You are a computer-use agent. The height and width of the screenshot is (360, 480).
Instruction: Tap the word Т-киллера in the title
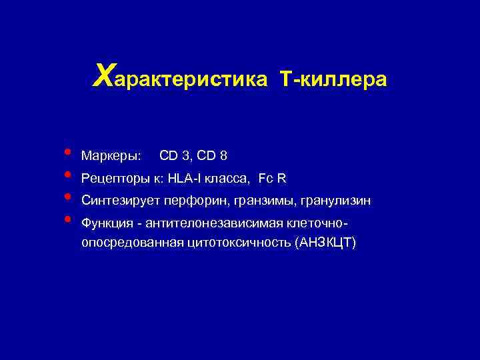pos(334,79)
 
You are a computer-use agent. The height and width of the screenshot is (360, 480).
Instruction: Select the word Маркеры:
pos(111,156)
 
